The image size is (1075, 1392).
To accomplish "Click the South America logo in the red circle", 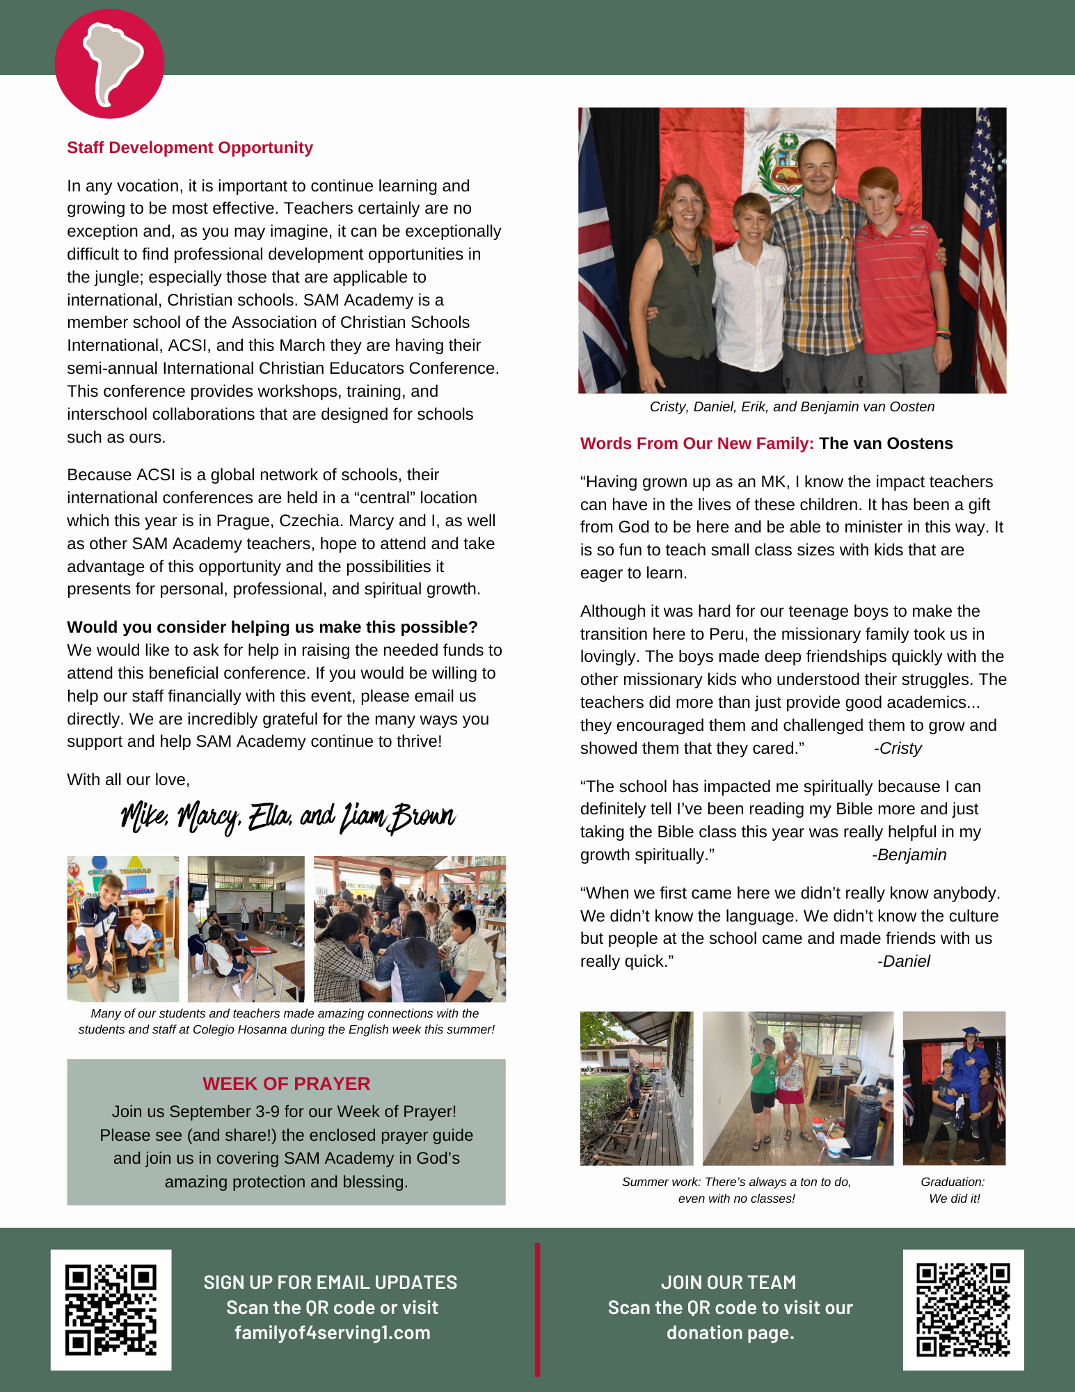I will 109,63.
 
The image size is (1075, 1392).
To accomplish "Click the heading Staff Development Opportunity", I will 190,148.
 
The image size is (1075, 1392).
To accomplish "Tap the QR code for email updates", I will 111,1310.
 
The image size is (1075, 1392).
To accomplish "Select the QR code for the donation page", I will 963,1310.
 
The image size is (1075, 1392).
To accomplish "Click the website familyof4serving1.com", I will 333,1333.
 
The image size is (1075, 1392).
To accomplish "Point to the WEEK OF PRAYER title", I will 286,1084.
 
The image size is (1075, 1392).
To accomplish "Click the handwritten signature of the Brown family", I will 287,817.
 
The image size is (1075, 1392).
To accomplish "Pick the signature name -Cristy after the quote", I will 898,748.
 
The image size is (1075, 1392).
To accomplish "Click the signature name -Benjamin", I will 909,855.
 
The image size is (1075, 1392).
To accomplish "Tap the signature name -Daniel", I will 903,961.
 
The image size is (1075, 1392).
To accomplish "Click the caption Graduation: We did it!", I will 953,1190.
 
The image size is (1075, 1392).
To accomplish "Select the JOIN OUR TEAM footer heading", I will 728,1282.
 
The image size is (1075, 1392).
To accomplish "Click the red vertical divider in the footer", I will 537,1309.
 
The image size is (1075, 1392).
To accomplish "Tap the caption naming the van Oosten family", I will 792,406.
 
